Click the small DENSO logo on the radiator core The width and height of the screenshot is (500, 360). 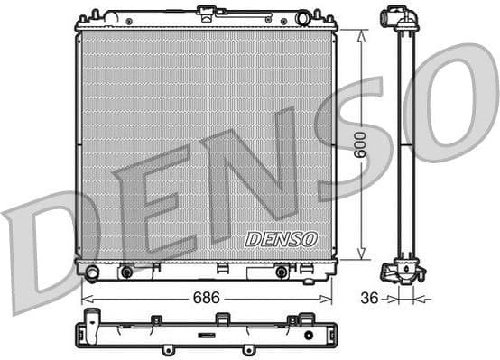click(x=282, y=239)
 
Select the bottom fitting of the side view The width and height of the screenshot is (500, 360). click(x=403, y=271)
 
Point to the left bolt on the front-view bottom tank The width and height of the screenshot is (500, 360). click(x=126, y=272)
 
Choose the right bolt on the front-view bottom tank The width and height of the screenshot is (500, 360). click(x=282, y=272)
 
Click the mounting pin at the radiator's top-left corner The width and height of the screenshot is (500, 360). click(x=93, y=15)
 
